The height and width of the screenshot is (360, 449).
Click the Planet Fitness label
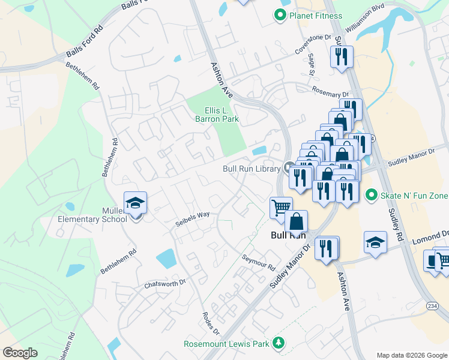coord(315,16)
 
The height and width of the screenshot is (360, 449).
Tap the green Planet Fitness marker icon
coord(279,16)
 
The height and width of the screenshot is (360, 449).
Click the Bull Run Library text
coord(252,169)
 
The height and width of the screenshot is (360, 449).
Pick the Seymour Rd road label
coord(258,262)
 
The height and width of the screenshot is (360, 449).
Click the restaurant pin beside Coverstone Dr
coord(342,57)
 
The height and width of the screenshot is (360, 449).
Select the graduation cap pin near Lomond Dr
coord(375,242)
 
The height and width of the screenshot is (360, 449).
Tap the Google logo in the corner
coord(20,353)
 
